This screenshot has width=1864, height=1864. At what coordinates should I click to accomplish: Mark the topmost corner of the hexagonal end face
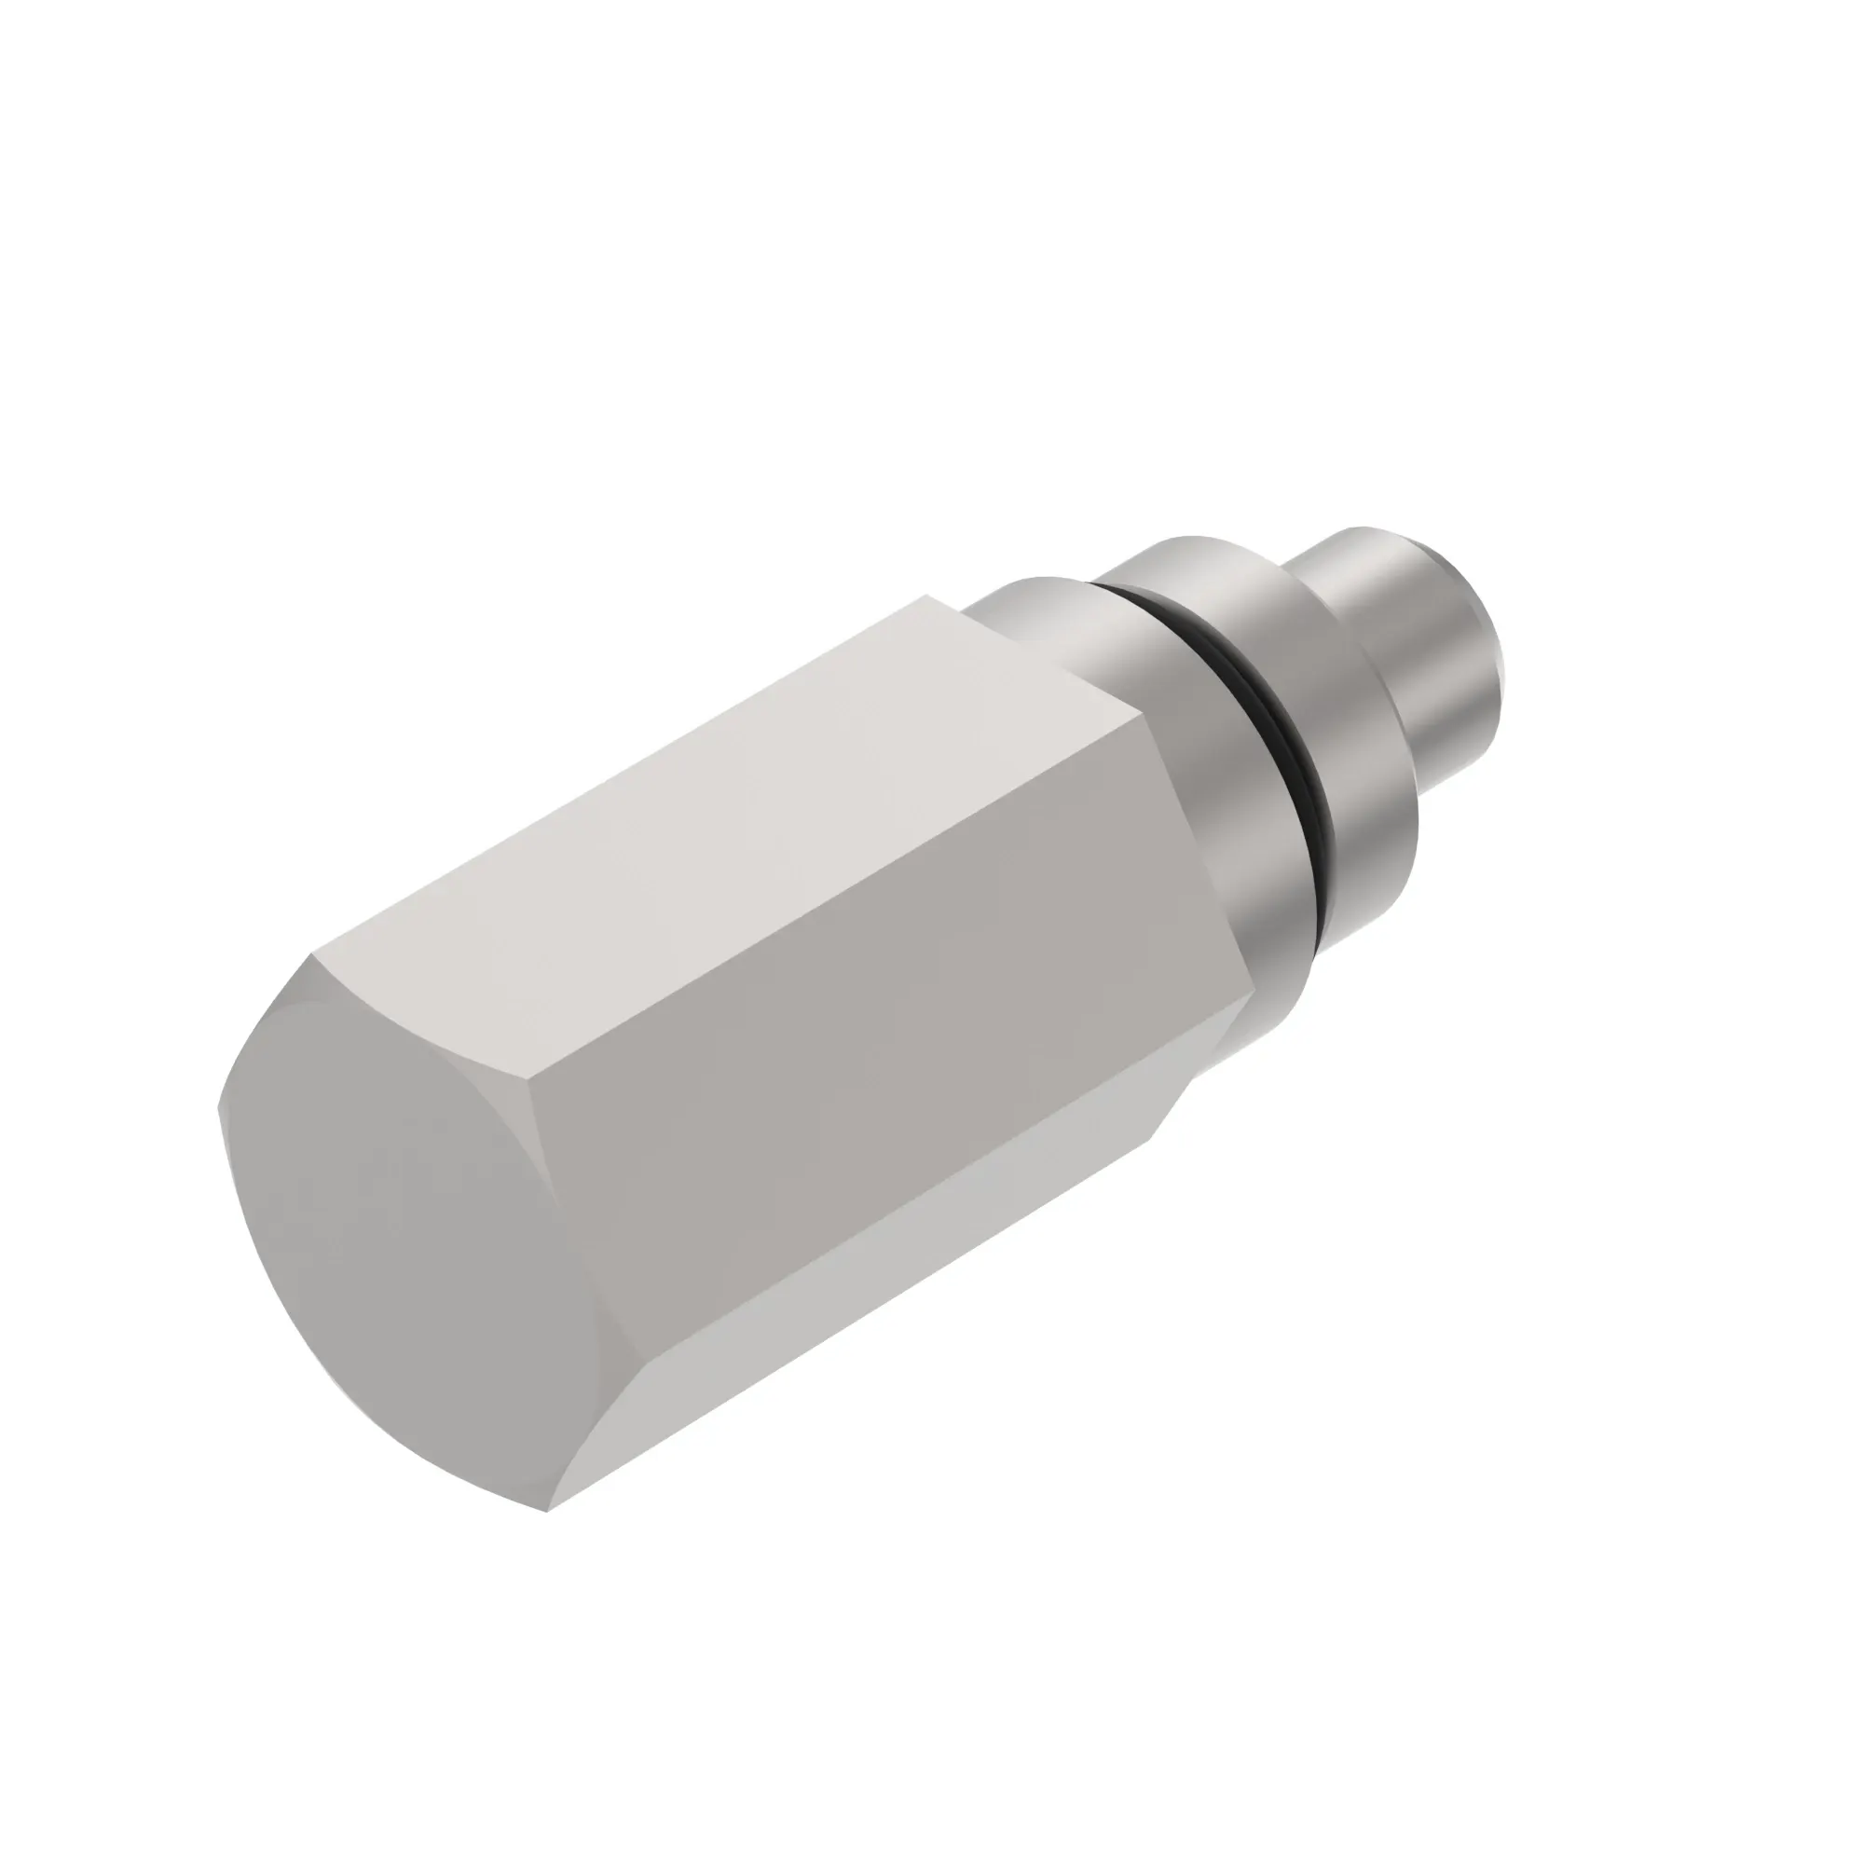[310, 956]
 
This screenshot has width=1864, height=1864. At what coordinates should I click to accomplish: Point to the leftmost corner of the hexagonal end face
[220, 1107]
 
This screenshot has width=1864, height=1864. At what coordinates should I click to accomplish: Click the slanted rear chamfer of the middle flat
[1197, 869]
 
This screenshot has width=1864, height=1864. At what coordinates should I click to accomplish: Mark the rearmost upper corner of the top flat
[928, 596]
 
